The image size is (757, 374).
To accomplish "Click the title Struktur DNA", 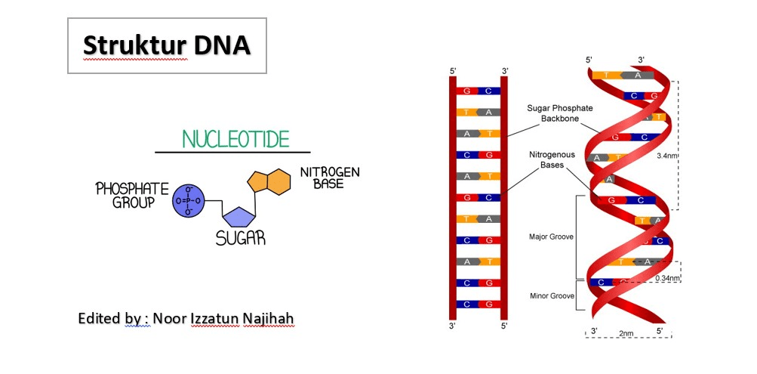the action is tap(167, 45).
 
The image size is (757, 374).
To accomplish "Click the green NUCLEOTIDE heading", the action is tap(236, 139).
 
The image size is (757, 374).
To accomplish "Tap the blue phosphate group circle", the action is tap(188, 200).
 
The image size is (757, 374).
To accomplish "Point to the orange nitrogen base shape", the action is tap(269, 181).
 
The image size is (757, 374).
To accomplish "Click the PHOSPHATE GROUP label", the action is tap(132, 195).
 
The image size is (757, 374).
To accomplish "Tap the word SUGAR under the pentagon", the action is tap(241, 238).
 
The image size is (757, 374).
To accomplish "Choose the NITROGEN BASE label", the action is tap(330, 178).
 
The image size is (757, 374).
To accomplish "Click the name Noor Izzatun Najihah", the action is tap(223, 318).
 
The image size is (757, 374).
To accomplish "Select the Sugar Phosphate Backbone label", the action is tap(559, 113).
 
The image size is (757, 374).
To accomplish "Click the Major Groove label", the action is tap(551, 236).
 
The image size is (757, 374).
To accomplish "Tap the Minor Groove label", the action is tap(552, 295).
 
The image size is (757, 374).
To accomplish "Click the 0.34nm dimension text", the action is tap(668, 278).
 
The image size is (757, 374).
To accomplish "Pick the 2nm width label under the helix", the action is tap(626, 333).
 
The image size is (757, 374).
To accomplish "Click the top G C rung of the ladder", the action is tap(478, 91).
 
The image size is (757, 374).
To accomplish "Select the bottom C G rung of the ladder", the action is tap(478, 304).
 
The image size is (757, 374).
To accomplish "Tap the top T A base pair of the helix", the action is tap(623, 75).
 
